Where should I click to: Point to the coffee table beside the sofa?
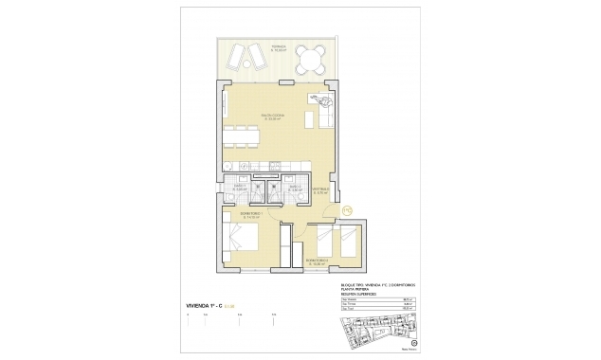[309, 120]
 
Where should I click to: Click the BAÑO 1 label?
[241, 187]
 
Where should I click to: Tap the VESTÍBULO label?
[320, 191]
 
